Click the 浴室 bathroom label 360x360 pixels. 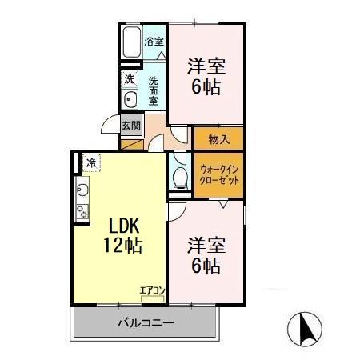click(x=154, y=41)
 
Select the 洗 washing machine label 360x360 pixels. click(x=129, y=79)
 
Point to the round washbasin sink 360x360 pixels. click(x=129, y=99)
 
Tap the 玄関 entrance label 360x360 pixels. click(x=130, y=125)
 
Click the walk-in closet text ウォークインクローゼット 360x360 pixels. click(x=218, y=174)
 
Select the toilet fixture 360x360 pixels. click(x=179, y=175)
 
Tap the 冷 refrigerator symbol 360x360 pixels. click(x=91, y=163)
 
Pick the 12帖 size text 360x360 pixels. click(x=120, y=246)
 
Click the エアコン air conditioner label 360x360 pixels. click(x=151, y=290)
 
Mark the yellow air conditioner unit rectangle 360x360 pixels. click(x=152, y=298)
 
